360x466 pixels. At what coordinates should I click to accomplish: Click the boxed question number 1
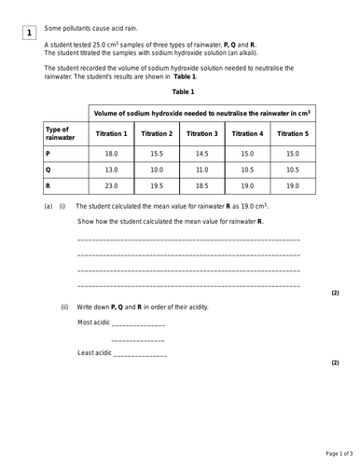pos(29,34)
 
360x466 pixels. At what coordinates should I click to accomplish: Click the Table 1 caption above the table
pos(183,92)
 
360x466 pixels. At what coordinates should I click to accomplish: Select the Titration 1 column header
pos(112,133)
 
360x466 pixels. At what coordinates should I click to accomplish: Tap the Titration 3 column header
pos(201,133)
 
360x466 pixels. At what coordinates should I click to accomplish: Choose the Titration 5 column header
pos(292,133)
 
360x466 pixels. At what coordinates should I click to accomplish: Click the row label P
pos(48,153)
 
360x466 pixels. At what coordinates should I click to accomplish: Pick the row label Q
pos(48,170)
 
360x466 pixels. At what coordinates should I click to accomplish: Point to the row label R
pos(48,186)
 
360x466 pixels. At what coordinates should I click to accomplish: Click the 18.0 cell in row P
pos(112,153)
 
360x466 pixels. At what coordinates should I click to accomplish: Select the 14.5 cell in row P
pos(201,153)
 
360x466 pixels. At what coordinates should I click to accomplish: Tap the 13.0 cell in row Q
pos(112,170)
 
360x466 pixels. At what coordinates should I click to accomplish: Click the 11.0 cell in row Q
pos(201,170)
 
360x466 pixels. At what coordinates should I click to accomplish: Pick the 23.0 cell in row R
pos(112,186)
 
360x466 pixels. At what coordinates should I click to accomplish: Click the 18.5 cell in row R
pos(201,186)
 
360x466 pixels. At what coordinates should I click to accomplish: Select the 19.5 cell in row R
pos(157,186)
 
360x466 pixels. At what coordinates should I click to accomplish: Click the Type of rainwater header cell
pos(58,133)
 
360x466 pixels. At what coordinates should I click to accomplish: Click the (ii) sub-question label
pos(64,306)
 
